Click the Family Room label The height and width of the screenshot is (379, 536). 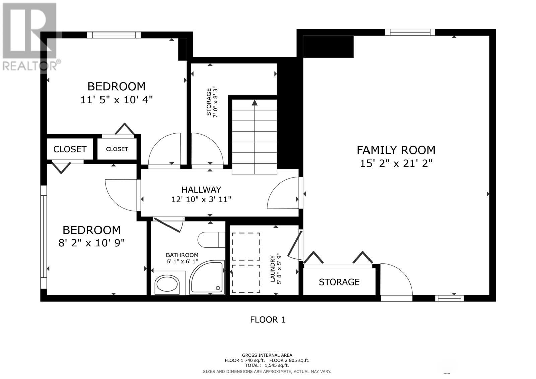(x=396, y=150)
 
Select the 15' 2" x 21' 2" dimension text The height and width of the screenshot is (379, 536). (x=396, y=164)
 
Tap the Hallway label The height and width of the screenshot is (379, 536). (x=201, y=190)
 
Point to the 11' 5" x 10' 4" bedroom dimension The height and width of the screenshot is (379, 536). (x=117, y=100)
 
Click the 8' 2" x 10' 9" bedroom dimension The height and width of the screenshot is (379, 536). (x=92, y=243)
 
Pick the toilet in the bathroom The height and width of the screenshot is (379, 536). (x=211, y=239)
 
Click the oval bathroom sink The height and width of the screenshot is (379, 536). (x=167, y=285)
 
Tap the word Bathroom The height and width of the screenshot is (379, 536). (x=182, y=255)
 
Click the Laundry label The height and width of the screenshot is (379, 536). (x=273, y=268)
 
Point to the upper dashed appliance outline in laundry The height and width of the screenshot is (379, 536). (x=246, y=246)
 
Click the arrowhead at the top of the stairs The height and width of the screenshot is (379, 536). (x=255, y=103)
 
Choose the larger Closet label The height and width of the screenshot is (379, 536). (x=70, y=149)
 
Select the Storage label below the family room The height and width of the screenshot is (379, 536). (x=339, y=282)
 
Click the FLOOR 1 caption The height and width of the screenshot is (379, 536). (x=268, y=320)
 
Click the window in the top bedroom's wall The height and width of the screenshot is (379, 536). (x=114, y=35)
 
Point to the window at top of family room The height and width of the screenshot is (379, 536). (x=410, y=32)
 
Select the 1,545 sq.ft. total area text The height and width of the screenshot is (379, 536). (x=277, y=365)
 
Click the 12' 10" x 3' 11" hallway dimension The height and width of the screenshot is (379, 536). (x=201, y=199)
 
